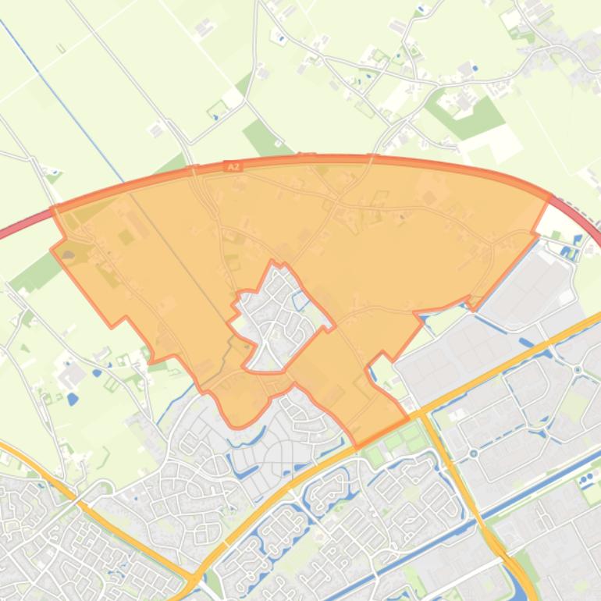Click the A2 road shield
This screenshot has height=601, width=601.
(233, 166)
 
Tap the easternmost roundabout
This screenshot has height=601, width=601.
(578, 370)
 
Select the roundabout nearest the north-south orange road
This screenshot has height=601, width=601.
(474, 453)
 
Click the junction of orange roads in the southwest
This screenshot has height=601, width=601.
(193, 579)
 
